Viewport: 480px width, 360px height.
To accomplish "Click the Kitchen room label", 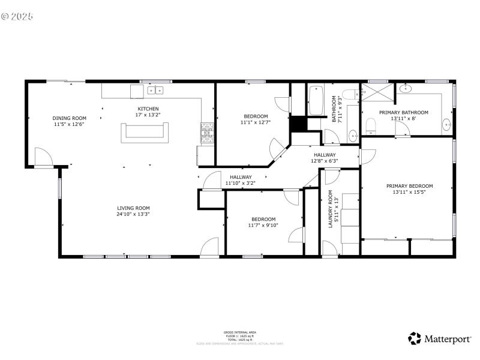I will pos(148,109).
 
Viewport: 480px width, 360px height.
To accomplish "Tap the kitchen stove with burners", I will pos(206,133).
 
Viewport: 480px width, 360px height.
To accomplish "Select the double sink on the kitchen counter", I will pos(155,91).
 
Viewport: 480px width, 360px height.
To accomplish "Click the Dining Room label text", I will pos(70,118).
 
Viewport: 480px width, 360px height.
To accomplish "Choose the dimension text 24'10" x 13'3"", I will pos(133,214).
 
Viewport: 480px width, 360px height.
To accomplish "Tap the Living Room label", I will pos(133,208).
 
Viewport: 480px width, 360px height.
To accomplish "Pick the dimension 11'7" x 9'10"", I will pos(263,226).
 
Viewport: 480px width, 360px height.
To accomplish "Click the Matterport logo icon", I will pos(415,338).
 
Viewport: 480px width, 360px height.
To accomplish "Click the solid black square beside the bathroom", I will pos(298,124).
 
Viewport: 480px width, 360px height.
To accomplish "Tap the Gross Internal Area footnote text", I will pos(240,331).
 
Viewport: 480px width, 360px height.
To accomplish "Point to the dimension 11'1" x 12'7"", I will pos(256,122).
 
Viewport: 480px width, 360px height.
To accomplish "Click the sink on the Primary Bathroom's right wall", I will pos(447,124).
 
